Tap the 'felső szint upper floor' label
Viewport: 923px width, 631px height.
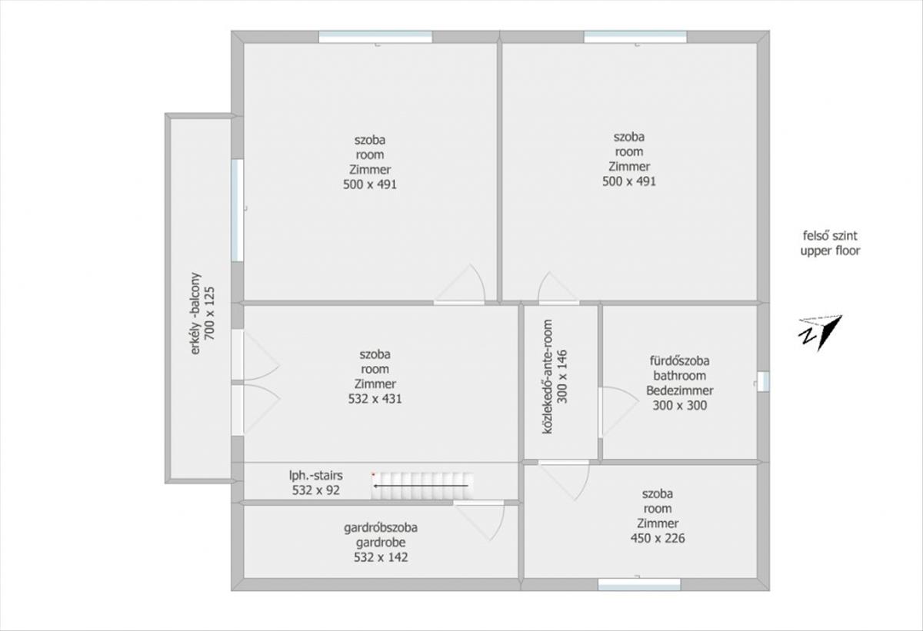pyautogui.click(x=830, y=244)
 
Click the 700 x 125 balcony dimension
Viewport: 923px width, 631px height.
pyautogui.click(x=209, y=314)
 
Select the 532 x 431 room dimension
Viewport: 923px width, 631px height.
pyautogui.click(x=375, y=399)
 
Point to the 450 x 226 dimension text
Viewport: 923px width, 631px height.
pyautogui.click(x=658, y=538)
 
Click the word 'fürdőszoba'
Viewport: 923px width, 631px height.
pyautogui.click(x=679, y=361)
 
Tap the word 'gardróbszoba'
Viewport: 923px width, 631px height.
pyautogui.click(x=380, y=528)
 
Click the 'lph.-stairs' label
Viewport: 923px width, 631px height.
pyautogui.click(x=315, y=476)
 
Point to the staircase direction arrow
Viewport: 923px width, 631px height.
pyautogui.click(x=420, y=486)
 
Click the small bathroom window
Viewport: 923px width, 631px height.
pyautogui.click(x=763, y=381)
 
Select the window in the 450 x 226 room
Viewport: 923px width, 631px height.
pyautogui.click(x=639, y=584)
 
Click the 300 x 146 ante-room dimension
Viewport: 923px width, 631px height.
pyautogui.click(x=562, y=377)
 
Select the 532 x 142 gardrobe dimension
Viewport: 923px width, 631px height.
pyautogui.click(x=381, y=557)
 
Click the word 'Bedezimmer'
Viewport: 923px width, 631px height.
pyautogui.click(x=679, y=390)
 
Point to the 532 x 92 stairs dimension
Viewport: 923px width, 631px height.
pyautogui.click(x=315, y=490)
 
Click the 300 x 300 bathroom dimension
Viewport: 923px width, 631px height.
pyautogui.click(x=679, y=406)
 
